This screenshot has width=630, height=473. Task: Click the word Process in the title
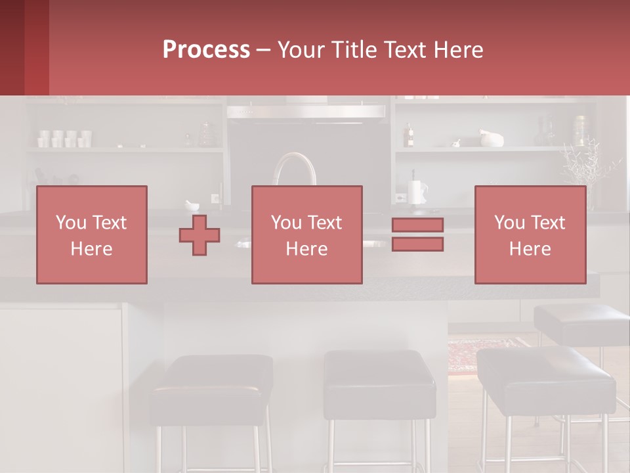[x=206, y=50]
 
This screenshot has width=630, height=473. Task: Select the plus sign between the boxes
[x=199, y=235]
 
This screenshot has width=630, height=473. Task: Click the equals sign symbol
[x=417, y=235]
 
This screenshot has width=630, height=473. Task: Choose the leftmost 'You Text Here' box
[x=92, y=235]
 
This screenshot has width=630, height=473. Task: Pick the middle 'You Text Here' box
[x=306, y=235]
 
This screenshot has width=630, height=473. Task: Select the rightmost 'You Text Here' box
[x=530, y=235]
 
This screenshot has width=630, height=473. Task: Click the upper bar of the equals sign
[x=417, y=225]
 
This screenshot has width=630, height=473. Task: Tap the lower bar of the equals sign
[x=417, y=244]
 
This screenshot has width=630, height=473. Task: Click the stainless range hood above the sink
[x=306, y=111]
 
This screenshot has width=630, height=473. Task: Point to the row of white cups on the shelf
[x=64, y=138]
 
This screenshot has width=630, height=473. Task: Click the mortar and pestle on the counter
[x=193, y=205]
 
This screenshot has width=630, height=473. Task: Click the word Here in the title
[x=457, y=50]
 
